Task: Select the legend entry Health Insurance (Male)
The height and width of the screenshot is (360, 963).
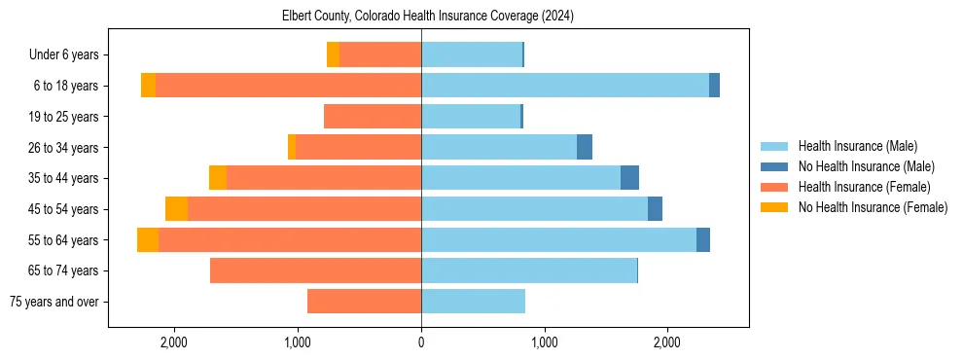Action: [857, 146]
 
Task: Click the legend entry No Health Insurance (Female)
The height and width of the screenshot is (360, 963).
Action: [873, 207]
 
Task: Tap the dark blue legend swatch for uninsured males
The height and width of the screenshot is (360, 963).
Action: [774, 166]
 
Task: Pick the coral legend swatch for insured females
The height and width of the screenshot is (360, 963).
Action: [774, 187]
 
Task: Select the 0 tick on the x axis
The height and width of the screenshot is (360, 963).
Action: [421, 342]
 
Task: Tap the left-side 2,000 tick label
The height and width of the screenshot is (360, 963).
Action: [174, 342]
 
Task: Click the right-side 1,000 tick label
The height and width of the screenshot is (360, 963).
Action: [544, 342]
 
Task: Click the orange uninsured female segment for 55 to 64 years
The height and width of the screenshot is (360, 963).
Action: [148, 240]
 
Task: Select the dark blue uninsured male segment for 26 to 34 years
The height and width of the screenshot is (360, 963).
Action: [585, 147]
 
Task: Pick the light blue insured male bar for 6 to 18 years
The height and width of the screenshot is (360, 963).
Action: [564, 86]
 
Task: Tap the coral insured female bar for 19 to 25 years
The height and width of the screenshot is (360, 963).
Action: [373, 117]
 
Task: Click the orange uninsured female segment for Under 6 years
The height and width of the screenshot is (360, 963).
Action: [333, 54]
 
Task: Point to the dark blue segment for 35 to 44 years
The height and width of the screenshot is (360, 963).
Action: [629, 178]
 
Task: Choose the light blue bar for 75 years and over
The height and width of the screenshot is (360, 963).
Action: [473, 302]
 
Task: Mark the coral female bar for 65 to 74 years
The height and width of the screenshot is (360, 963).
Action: [315, 270]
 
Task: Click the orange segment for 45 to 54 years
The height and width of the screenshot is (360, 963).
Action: [176, 209]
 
